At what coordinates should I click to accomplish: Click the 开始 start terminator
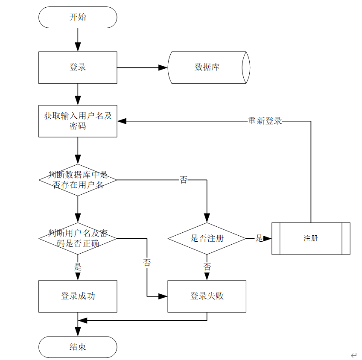78,18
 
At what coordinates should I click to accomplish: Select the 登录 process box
78,67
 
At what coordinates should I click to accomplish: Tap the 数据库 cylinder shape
209,67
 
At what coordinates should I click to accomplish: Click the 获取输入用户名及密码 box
78,121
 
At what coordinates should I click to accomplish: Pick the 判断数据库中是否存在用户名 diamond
78,180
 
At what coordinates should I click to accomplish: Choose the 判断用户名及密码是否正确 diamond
78,239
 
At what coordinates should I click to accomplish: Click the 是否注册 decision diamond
207,239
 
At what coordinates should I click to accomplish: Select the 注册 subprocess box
311,239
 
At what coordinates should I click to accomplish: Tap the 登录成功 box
78,296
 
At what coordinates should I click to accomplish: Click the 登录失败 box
207,296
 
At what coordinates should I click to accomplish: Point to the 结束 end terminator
78,347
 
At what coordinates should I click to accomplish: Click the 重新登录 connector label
265,121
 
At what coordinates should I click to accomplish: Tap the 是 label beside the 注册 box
259,238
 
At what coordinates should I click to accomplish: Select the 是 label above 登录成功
78,267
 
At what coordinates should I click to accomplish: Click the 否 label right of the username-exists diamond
184,180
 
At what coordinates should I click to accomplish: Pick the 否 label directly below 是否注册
207,267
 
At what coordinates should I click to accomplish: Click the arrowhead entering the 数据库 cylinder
163,67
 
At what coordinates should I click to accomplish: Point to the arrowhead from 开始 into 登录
78,47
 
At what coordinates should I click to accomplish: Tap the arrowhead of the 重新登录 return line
122,121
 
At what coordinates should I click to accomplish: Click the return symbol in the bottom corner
354,355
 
